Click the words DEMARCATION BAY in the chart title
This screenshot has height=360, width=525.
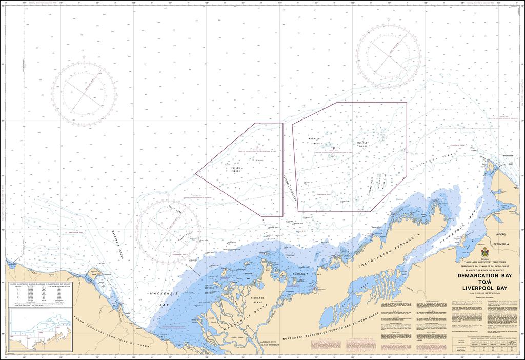(x=484, y=275)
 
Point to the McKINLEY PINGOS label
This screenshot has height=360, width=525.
(x=363, y=145)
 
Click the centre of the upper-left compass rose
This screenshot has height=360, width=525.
(x=84, y=94)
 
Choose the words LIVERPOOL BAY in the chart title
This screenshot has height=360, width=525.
(x=484, y=289)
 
